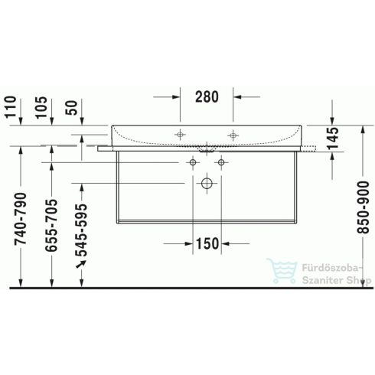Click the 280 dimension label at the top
207,97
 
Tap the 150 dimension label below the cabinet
206,243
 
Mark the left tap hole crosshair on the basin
181,135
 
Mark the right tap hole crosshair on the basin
232,135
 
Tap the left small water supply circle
191,162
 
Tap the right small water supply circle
220,162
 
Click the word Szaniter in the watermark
309,280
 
